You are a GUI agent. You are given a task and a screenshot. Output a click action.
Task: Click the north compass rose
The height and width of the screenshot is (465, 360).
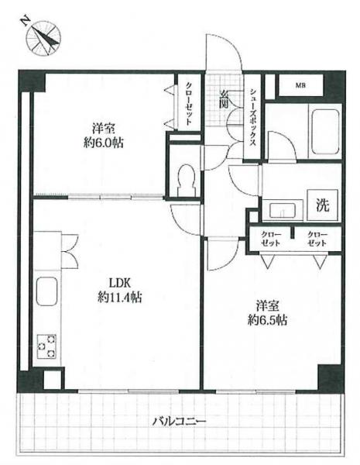point(43,38)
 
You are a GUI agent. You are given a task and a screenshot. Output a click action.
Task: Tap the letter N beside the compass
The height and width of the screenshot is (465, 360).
point(26,20)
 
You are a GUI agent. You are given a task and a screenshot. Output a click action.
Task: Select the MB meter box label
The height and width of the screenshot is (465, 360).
point(300,86)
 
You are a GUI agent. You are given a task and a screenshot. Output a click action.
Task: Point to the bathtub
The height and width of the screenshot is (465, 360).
point(325,132)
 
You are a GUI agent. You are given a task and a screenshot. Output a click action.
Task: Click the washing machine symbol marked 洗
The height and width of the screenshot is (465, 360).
point(322,205)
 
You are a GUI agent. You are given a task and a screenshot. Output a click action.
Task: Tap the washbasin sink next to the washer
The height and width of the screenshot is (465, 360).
point(283,210)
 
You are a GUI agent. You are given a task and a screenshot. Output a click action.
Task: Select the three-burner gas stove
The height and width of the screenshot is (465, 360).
point(46,346)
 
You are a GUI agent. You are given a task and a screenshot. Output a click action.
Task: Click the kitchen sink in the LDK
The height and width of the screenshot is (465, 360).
point(46,291)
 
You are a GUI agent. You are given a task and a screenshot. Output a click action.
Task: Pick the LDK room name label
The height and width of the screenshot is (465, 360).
point(120,283)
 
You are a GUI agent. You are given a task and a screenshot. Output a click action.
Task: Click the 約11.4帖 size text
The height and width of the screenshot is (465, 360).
point(120,297)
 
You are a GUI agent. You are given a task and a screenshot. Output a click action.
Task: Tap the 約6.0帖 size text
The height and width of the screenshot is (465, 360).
point(103,143)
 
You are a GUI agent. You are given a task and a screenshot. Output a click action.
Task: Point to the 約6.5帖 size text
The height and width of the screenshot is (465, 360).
point(267,320)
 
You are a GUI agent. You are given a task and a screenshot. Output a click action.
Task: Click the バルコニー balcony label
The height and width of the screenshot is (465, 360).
point(179,422)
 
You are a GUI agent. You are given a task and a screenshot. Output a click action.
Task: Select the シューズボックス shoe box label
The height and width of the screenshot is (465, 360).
point(252,118)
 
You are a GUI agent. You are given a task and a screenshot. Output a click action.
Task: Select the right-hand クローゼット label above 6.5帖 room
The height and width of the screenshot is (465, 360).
point(317,239)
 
